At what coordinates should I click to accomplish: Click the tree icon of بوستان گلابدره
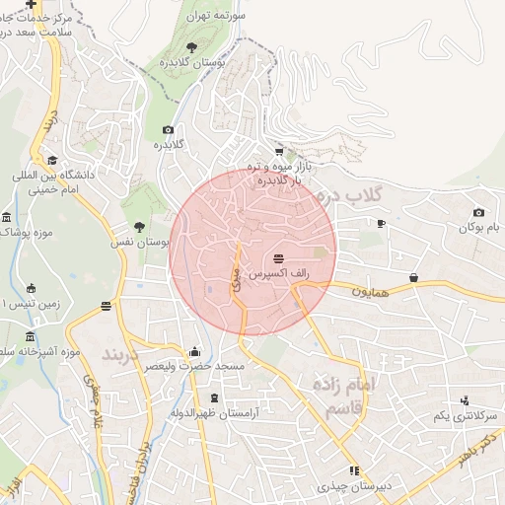(x=191, y=46)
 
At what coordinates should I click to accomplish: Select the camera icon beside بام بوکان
(x=478, y=212)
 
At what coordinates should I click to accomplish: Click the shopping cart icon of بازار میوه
(x=279, y=152)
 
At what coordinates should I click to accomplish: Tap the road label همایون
(x=372, y=292)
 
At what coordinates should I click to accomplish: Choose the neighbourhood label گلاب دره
(x=346, y=195)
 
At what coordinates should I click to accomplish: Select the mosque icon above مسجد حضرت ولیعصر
(x=194, y=351)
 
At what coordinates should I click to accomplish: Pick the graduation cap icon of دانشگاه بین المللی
(x=51, y=161)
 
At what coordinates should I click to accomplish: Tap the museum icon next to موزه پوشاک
(x=7, y=217)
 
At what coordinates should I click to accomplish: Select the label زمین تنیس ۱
(x=31, y=304)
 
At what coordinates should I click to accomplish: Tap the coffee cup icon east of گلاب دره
(x=381, y=223)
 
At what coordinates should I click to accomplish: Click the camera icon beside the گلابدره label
(x=168, y=130)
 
